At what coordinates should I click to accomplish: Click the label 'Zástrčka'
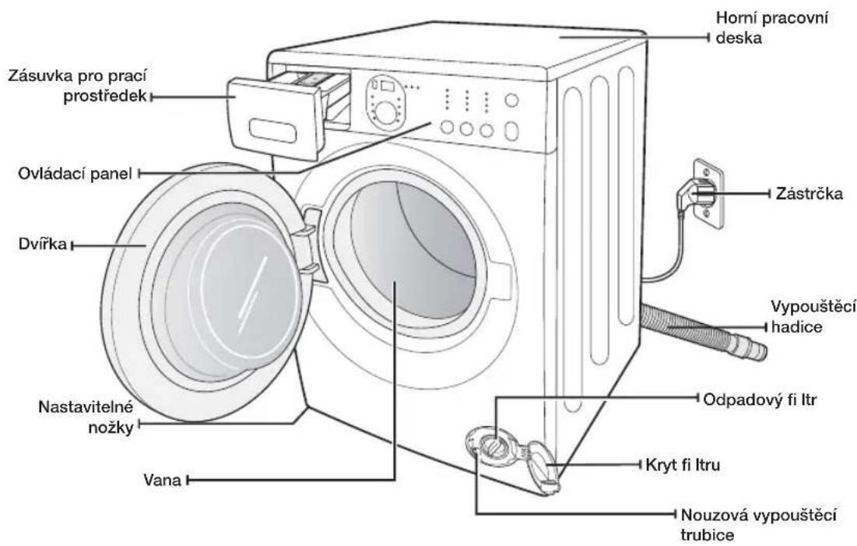pos(810,193)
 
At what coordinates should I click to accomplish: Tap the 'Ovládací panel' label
pos(75,174)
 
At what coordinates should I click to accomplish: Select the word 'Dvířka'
pos(43,244)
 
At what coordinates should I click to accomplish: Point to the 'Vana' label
pos(162,480)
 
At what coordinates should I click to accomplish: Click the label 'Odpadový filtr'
pos(760,400)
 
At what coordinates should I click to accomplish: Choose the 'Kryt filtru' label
pos(683,465)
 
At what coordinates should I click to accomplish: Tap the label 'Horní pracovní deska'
pos(771,27)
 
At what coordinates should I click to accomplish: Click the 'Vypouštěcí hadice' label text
pos(813,317)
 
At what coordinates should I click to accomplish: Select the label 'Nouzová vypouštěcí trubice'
pos(759,524)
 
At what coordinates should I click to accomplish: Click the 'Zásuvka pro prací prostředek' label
pos(78,86)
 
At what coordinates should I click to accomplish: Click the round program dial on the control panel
pos(386,113)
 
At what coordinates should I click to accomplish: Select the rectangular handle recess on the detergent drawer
pos(272,131)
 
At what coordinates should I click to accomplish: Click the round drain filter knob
pos(491,443)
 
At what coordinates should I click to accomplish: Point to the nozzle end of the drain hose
pos(757,350)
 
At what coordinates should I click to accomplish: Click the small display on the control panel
pos(388,86)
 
